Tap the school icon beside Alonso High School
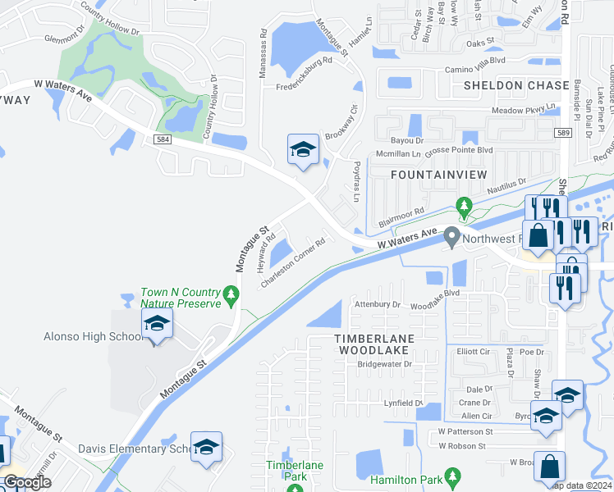[157, 324]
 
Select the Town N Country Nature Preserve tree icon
[232, 293]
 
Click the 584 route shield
[161, 140]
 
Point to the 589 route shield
[561, 132]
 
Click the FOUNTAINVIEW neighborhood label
[438, 175]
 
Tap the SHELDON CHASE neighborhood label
[515, 85]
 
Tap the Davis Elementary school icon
[206, 447]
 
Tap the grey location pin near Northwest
[451, 238]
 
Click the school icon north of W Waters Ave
[303, 150]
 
